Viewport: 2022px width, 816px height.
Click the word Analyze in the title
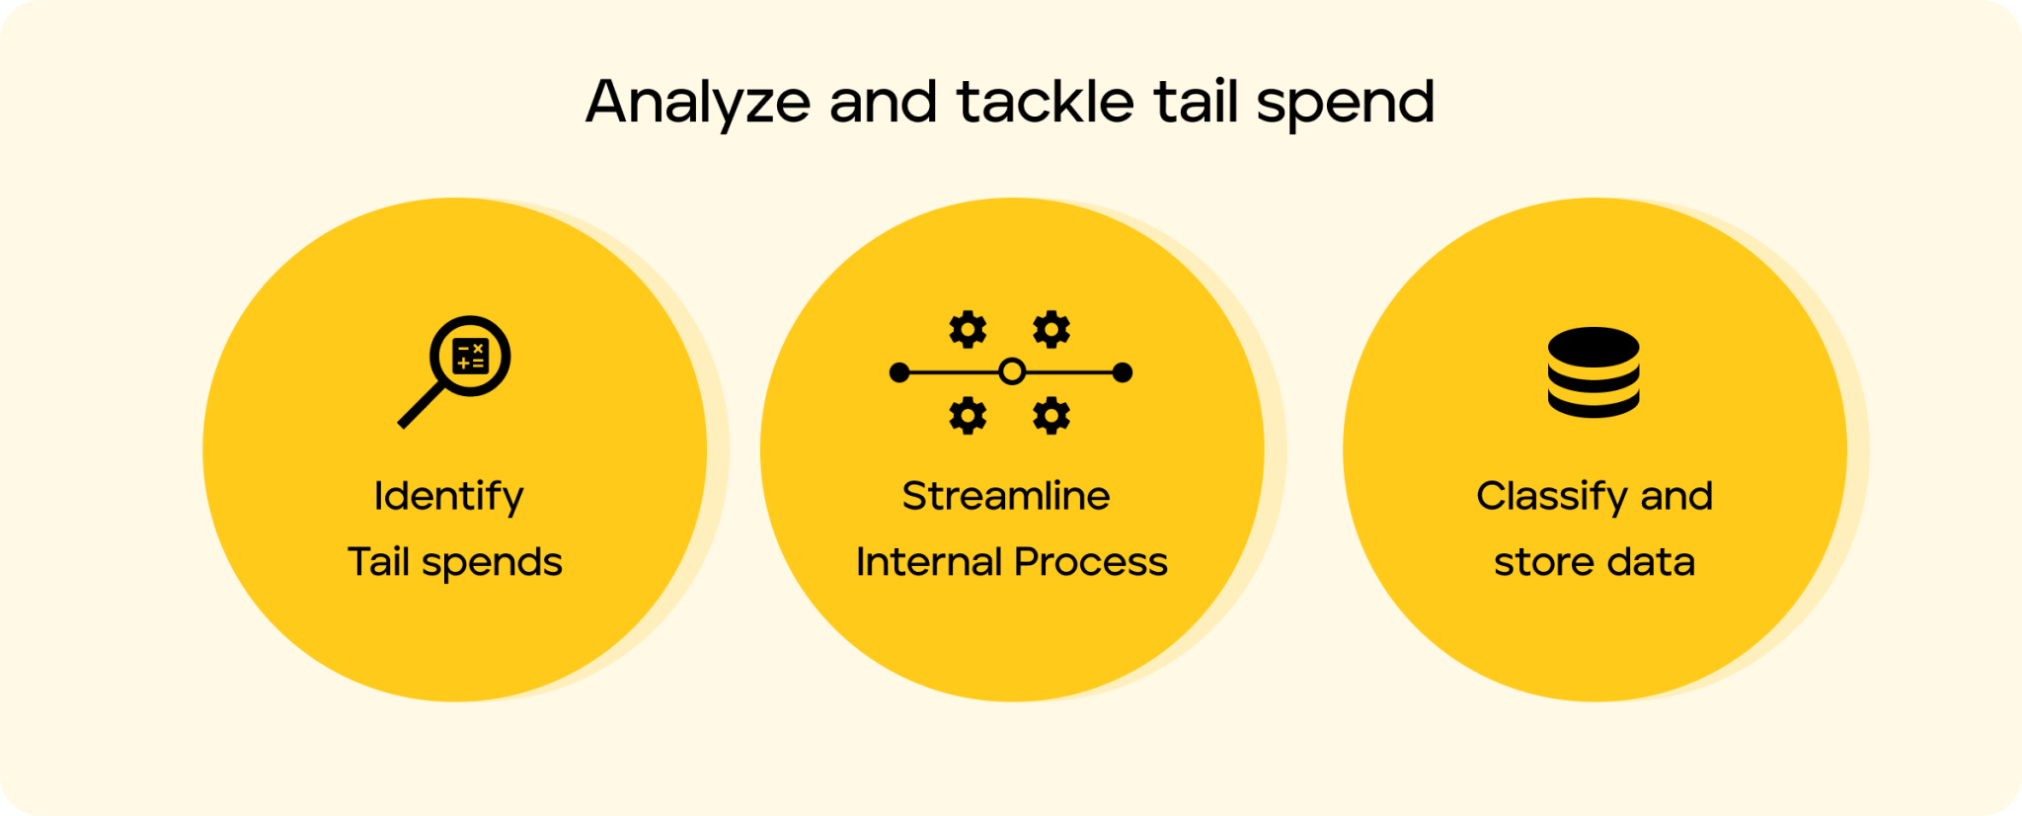(x=698, y=103)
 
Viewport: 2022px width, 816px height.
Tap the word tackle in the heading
(x=1046, y=101)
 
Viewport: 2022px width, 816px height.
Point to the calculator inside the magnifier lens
(x=471, y=356)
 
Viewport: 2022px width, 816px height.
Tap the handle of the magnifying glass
(x=421, y=405)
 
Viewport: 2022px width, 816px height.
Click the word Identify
(x=449, y=497)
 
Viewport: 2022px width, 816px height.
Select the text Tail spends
(x=455, y=562)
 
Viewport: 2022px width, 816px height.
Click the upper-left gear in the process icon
(x=968, y=329)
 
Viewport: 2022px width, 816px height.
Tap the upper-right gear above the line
(x=1051, y=329)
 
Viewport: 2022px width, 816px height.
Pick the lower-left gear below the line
(x=968, y=416)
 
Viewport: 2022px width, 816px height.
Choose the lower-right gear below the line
(x=1051, y=416)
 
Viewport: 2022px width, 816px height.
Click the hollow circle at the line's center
(x=1012, y=372)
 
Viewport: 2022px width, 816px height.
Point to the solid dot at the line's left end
(x=899, y=372)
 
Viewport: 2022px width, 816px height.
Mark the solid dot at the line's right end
(x=1123, y=372)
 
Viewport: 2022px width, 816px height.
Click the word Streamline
(x=1006, y=496)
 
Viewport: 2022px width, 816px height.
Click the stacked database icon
(x=1594, y=372)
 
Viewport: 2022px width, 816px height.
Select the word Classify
(x=1553, y=497)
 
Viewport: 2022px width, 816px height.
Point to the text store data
(x=1594, y=562)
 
